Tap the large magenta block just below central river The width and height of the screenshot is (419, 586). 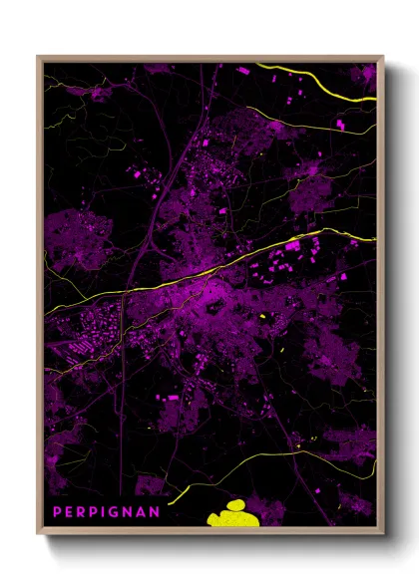(x=292, y=245)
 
